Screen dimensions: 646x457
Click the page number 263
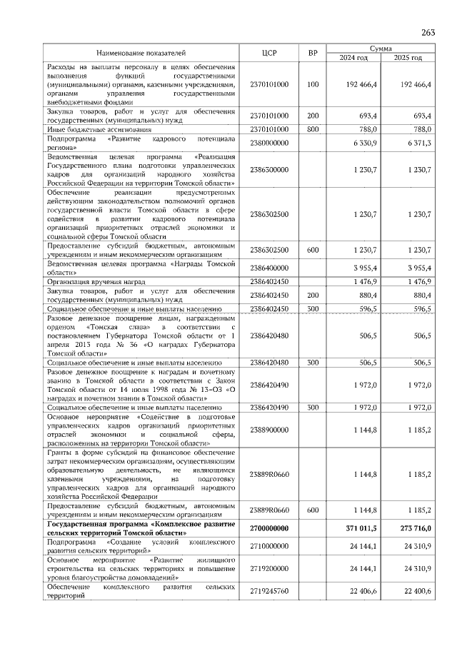click(428, 32)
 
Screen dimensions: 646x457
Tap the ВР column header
click(312, 53)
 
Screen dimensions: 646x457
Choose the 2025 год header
click(408, 57)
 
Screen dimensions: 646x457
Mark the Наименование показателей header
click(141, 53)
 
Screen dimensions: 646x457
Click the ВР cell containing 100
click(312, 84)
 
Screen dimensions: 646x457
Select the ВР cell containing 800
click(312, 129)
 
